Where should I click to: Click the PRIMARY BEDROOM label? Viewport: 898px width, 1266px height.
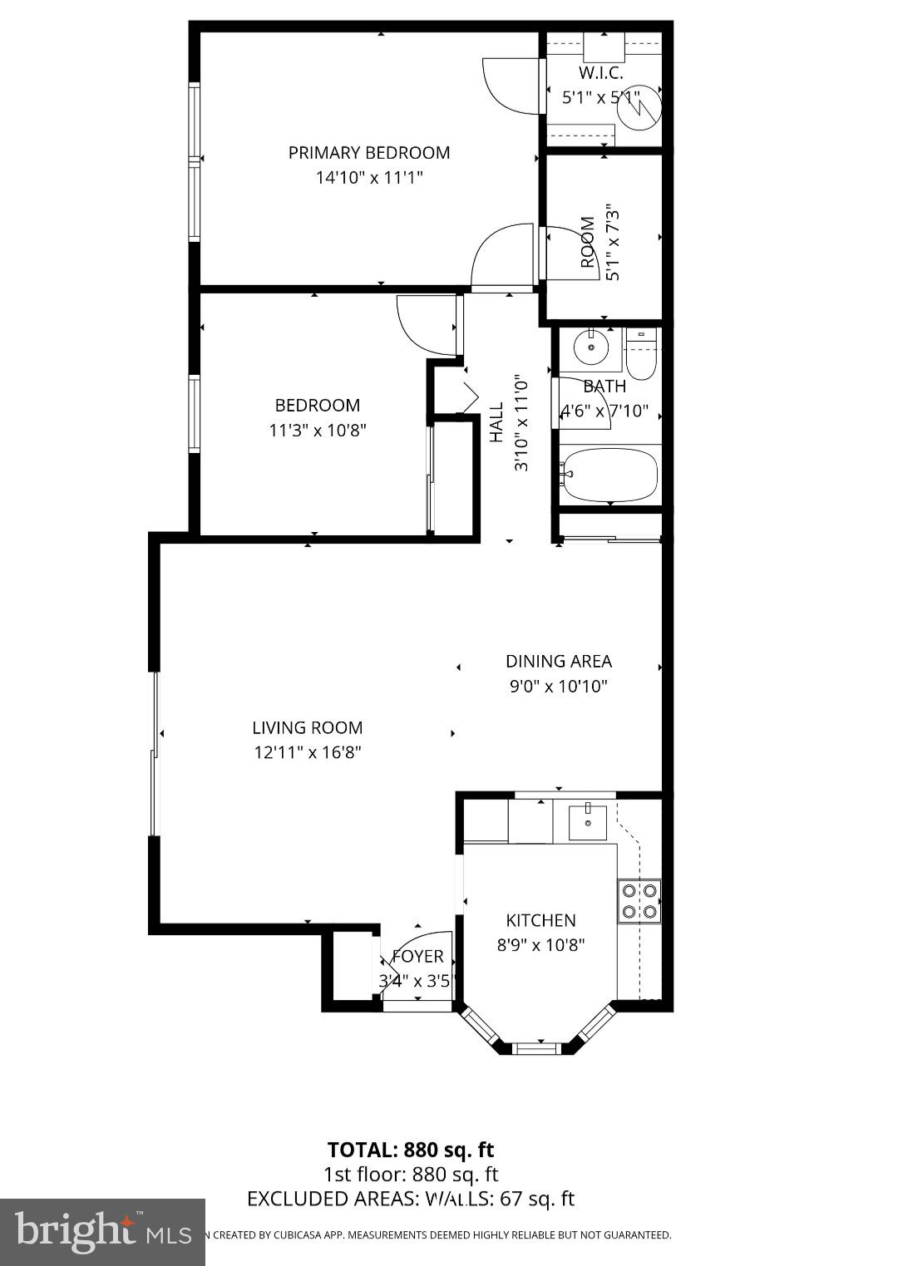coord(369,153)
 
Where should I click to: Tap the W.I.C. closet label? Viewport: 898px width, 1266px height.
coord(600,73)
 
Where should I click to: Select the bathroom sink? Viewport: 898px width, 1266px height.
coord(591,347)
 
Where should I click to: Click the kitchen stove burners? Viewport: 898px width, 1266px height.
coord(639,901)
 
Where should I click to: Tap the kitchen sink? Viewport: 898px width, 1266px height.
coord(588,822)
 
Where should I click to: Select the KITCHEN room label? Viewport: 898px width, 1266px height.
coord(540,920)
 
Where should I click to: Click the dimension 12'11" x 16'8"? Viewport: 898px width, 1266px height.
coord(308,753)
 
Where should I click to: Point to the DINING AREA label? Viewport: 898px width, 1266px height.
coord(559,662)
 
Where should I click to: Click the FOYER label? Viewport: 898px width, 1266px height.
coord(417,957)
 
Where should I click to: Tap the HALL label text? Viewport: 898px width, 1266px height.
coord(496,422)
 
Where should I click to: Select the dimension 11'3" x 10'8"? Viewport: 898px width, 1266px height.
coord(318,431)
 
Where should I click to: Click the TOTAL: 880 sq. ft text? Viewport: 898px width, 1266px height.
coord(411,1150)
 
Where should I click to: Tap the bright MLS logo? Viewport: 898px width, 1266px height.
coord(102,1231)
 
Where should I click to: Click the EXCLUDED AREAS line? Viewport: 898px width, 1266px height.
coord(411,1199)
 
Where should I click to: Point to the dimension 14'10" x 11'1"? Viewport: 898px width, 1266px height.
coord(369,178)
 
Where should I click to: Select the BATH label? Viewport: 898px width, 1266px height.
coord(604,387)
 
